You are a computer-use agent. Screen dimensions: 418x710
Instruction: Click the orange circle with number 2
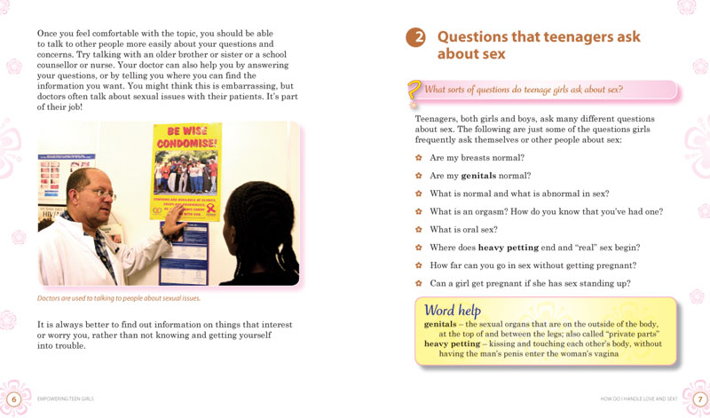tap(415, 37)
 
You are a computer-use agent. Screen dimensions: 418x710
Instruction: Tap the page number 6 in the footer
tap(13, 398)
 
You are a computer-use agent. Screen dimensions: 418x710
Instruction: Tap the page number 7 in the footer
tap(699, 398)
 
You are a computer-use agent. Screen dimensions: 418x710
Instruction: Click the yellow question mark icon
tap(414, 92)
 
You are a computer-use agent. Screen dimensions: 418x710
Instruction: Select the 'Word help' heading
tap(454, 310)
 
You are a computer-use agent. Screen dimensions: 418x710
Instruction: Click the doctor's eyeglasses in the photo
tap(100, 193)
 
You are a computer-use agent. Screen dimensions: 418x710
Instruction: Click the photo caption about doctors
tap(119, 298)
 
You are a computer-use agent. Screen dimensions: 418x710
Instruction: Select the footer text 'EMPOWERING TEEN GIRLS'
tap(70, 399)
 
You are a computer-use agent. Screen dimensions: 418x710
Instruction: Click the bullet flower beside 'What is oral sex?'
tap(419, 229)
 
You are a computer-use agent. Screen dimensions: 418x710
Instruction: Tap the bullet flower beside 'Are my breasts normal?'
tap(419, 157)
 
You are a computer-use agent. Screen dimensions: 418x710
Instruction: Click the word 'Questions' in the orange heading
tap(480, 37)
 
